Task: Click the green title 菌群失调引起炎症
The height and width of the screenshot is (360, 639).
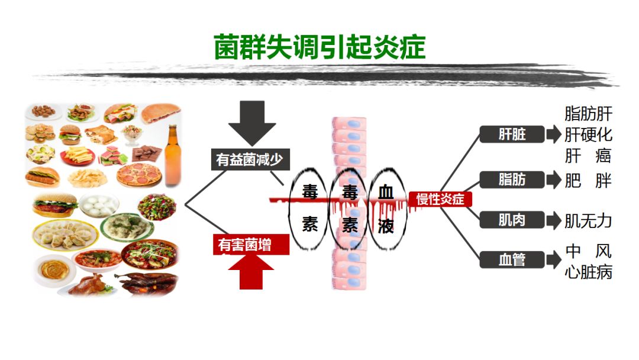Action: (x=319, y=47)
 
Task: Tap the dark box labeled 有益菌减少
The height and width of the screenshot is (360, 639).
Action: (x=251, y=159)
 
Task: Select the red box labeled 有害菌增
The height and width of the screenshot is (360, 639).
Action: (x=251, y=245)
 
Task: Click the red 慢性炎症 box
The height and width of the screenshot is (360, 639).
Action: (x=440, y=200)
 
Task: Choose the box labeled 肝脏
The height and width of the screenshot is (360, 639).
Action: (x=512, y=134)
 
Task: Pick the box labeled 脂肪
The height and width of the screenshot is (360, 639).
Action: (x=512, y=179)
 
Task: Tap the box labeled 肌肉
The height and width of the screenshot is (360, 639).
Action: (x=512, y=220)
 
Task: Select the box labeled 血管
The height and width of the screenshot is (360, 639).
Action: (x=512, y=259)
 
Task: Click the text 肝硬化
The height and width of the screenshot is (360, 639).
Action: (x=588, y=134)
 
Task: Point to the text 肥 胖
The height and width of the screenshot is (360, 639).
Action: (x=588, y=180)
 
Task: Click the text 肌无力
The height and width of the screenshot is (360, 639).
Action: (x=588, y=221)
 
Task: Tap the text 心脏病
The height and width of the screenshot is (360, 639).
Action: (x=588, y=272)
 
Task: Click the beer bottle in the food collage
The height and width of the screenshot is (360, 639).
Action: (x=172, y=148)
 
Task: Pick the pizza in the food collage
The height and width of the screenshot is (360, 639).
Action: (x=140, y=175)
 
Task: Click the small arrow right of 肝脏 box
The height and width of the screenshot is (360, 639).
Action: (x=553, y=134)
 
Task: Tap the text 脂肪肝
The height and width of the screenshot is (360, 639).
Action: (x=588, y=113)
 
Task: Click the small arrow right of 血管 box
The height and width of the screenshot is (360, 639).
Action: (x=553, y=259)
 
